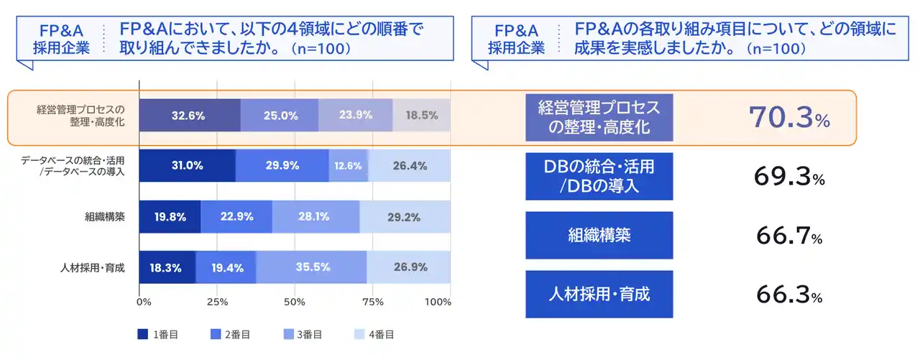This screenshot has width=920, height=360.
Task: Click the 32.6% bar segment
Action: (189, 115)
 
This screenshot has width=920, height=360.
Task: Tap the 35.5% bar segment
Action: (312, 267)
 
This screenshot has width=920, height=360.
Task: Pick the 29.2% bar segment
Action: (405, 217)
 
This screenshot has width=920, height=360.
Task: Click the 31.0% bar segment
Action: (187, 166)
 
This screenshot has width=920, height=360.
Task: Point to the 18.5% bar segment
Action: (421, 115)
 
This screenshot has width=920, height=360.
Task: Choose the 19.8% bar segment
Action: (170, 217)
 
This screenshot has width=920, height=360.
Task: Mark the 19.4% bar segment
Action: (226, 267)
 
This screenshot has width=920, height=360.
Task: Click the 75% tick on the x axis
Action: (372, 302)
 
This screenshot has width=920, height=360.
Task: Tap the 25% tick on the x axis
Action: (217, 302)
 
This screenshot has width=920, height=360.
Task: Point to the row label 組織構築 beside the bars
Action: (106, 217)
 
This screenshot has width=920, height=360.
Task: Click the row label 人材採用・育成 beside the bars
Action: (93, 268)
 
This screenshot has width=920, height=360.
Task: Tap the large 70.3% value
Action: (789, 117)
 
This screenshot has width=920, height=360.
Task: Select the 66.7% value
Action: (789, 235)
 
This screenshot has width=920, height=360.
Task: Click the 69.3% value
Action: (789, 176)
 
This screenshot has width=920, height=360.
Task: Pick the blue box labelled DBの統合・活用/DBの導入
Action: (599, 176)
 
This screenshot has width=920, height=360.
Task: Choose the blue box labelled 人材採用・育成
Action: (599, 294)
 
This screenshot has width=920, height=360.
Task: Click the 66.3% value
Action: (789, 294)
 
